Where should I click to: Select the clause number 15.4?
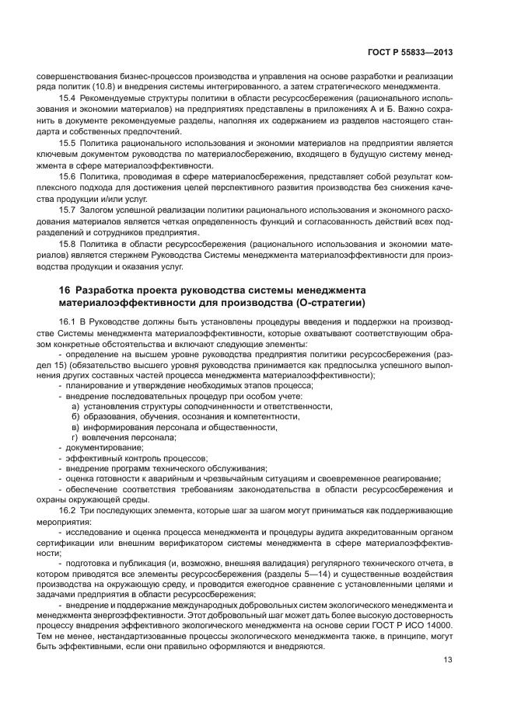coord(68,99)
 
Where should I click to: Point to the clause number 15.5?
coord(68,144)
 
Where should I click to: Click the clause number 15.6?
coord(68,176)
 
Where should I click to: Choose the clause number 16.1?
coord(68,321)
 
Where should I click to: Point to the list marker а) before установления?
coord(75,405)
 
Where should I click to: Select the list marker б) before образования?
coord(75,416)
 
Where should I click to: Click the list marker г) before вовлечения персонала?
coord(75,437)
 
